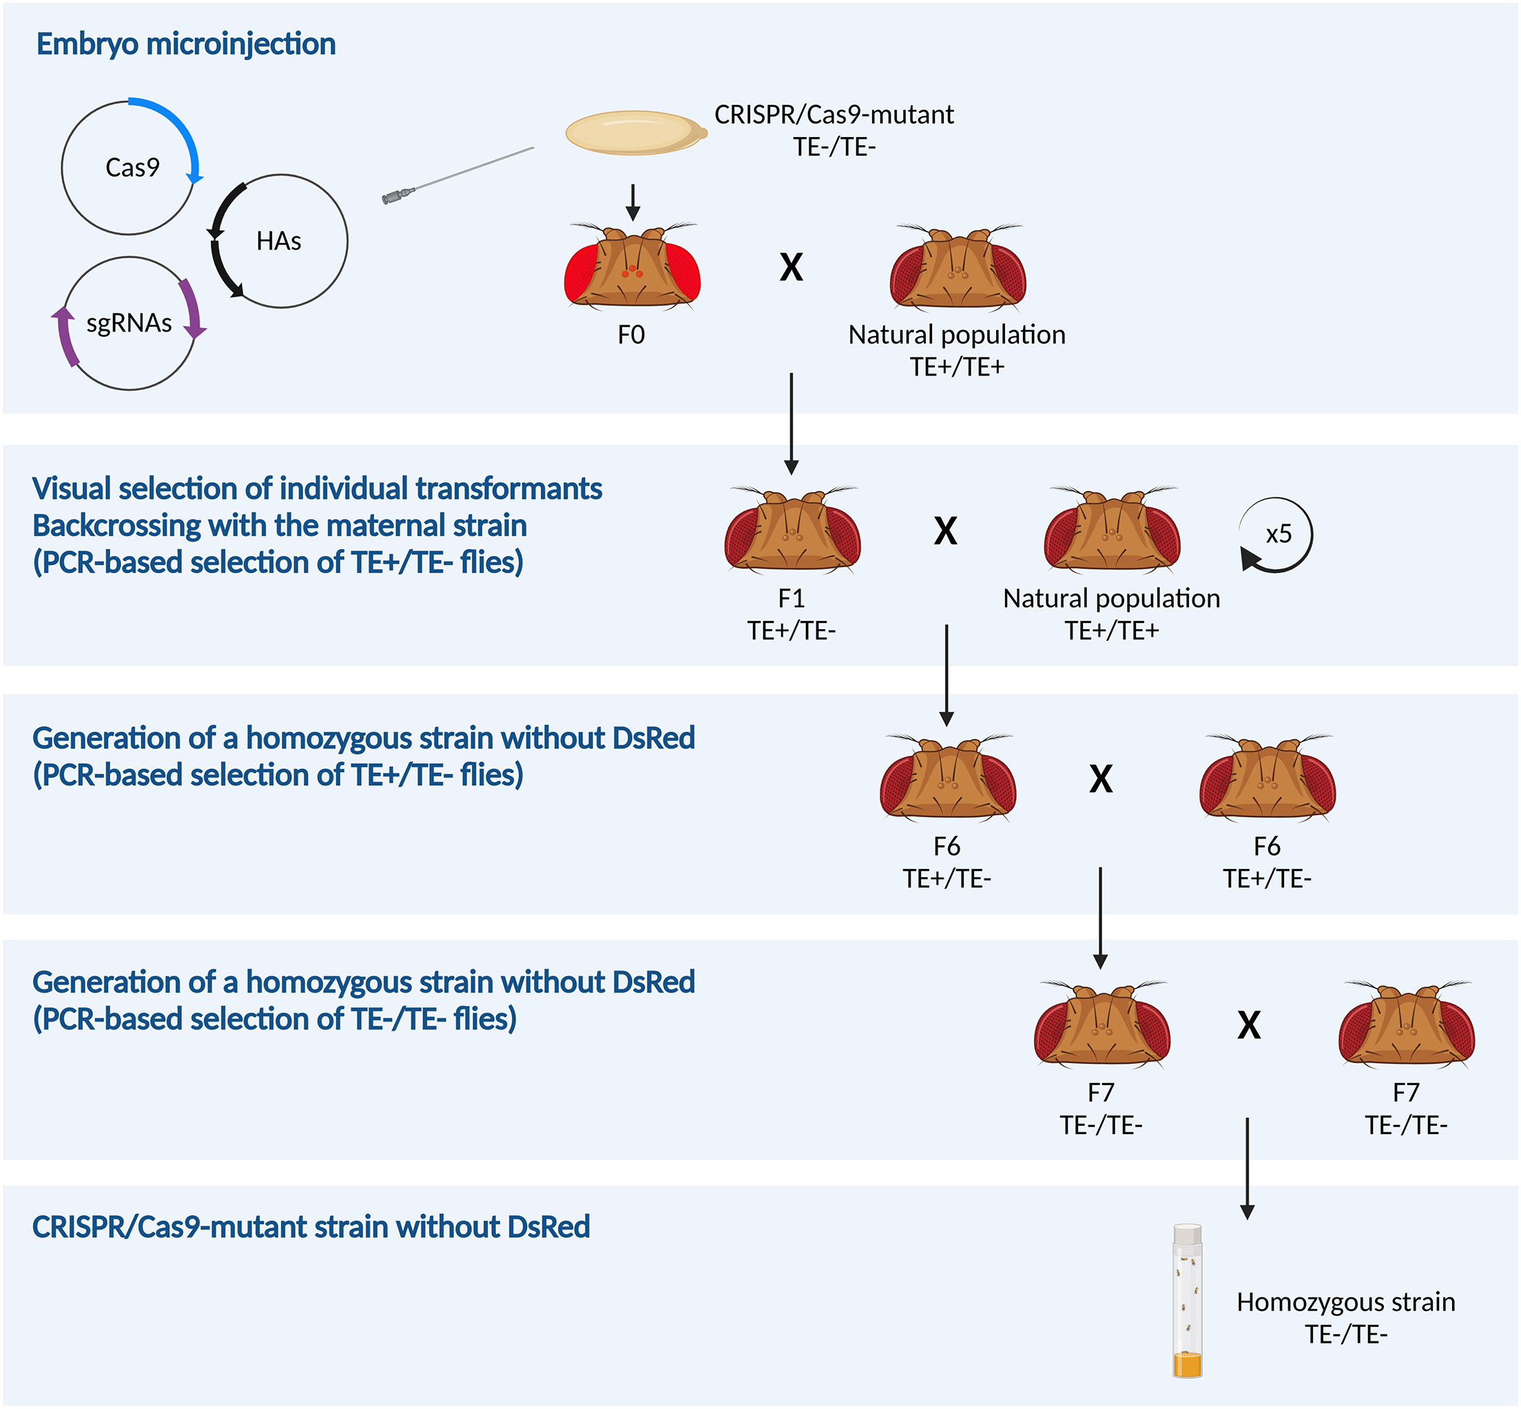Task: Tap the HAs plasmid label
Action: coord(278,242)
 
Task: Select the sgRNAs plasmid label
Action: coord(129,323)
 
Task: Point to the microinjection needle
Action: coord(457,176)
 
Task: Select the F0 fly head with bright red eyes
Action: coord(632,267)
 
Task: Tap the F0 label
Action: coord(631,335)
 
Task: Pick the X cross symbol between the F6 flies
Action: coord(1100,779)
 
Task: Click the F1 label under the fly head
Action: coord(791,599)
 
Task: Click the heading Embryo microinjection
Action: coord(186,44)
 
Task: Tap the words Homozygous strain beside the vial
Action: coord(1345,1302)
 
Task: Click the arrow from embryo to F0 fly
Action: coord(633,202)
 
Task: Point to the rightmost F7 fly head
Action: coord(1407,1025)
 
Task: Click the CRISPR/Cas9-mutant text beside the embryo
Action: coord(834,115)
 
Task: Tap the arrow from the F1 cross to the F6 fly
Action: coord(946,675)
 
